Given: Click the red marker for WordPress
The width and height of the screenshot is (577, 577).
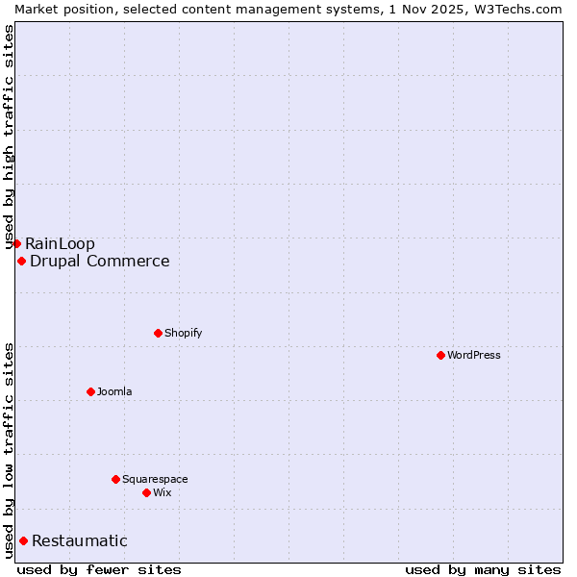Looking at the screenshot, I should click(x=440, y=355).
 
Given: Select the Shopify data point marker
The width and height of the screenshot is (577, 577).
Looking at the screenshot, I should click(x=158, y=333).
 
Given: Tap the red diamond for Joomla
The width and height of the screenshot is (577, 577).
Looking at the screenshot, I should click(x=90, y=391).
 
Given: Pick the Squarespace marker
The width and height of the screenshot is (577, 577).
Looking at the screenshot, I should click(x=115, y=479).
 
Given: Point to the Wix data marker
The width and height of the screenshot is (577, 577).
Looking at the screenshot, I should click(x=146, y=492).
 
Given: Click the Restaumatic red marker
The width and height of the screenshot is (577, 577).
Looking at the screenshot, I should click(x=23, y=540).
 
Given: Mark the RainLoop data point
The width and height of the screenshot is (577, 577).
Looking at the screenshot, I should click(x=16, y=243).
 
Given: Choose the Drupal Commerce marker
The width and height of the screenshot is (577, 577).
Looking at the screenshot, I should click(x=21, y=261).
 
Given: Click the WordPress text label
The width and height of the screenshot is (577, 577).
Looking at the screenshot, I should click(x=474, y=355).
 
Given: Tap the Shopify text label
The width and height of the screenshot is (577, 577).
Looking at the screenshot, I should click(x=183, y=333).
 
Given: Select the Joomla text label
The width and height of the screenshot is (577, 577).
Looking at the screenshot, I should click(x=114, y=391).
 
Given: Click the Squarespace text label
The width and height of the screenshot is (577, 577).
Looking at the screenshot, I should click(x=155, y=479).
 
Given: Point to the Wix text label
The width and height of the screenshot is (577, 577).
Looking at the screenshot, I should click(x=163, y=492).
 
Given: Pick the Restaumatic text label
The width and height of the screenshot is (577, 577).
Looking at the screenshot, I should click(x=80, y=540).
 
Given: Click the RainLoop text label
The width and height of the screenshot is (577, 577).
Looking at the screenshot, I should click(x=61, y=243).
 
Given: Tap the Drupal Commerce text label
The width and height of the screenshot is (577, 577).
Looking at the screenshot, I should click(x=100, y=261).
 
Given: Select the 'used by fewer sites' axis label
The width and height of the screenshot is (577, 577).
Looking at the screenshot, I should click(x=99, y=569).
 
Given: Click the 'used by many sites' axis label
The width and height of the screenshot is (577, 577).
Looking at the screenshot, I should click(x=483, y=569).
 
